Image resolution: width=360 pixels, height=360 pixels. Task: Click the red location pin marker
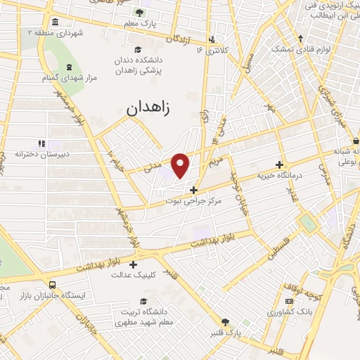click(x=181, y=165)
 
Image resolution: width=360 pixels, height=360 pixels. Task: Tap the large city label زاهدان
click(x=153, y=108)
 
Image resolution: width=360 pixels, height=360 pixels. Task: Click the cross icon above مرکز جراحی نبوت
click(x=194, y=189)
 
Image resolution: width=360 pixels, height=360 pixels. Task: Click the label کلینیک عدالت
click(x=133, y=276)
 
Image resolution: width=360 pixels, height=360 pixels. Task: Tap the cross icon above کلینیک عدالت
click(x=133, y=264)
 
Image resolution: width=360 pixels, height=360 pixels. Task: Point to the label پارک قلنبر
click(x=226, y=331)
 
